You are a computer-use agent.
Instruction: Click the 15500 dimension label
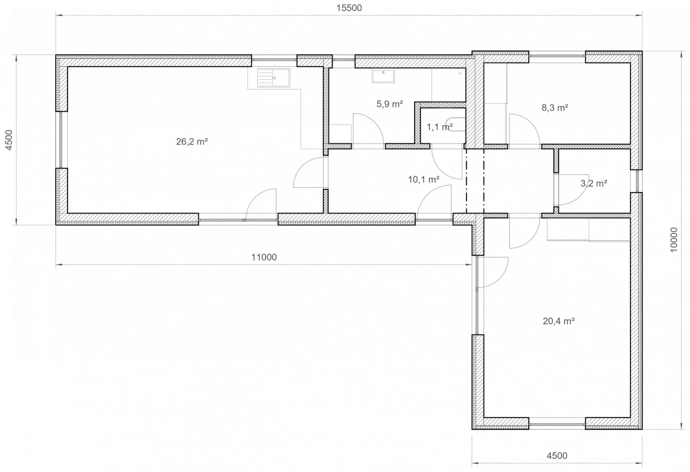coord(349,8)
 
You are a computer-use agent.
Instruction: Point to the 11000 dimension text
coord(264,257)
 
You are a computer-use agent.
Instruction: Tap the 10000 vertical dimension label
coord(674,240)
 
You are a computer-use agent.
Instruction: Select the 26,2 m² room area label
coord(192,142)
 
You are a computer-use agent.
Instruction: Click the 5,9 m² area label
coord(390,104)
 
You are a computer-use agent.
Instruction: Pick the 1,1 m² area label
coord(440,127)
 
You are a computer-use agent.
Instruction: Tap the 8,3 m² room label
coord(555,107)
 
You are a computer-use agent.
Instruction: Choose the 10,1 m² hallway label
coord(424,179)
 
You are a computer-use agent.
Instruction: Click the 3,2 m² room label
coord(594,184)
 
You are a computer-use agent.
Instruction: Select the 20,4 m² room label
coord(558,321)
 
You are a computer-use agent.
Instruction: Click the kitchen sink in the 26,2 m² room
coord(273,78)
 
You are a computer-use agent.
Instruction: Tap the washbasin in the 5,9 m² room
coord(383,76)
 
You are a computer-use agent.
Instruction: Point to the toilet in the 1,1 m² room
coord(455,124)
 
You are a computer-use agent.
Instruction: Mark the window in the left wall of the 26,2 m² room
coord(61,140)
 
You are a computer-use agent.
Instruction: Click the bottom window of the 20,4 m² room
coord(557,424)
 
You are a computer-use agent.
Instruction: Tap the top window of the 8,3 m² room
coord(557,56)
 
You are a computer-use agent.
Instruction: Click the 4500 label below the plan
coord(557,456)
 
